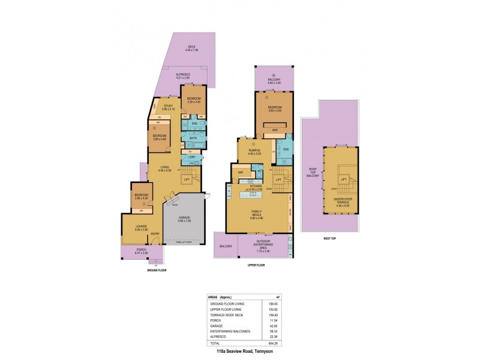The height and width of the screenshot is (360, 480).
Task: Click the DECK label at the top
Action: (191, 47)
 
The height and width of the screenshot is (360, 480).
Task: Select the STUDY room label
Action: (168, 107)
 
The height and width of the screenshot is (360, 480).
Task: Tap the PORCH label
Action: (141, 249)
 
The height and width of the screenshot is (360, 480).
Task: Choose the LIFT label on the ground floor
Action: (187, 179)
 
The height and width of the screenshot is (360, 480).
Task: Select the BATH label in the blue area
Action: (193, 138)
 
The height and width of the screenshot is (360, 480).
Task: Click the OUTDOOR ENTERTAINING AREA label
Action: (265, 242)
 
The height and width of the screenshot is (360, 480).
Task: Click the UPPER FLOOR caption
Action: (256, 264)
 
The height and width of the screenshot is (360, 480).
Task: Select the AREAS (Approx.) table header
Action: (220, 297)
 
